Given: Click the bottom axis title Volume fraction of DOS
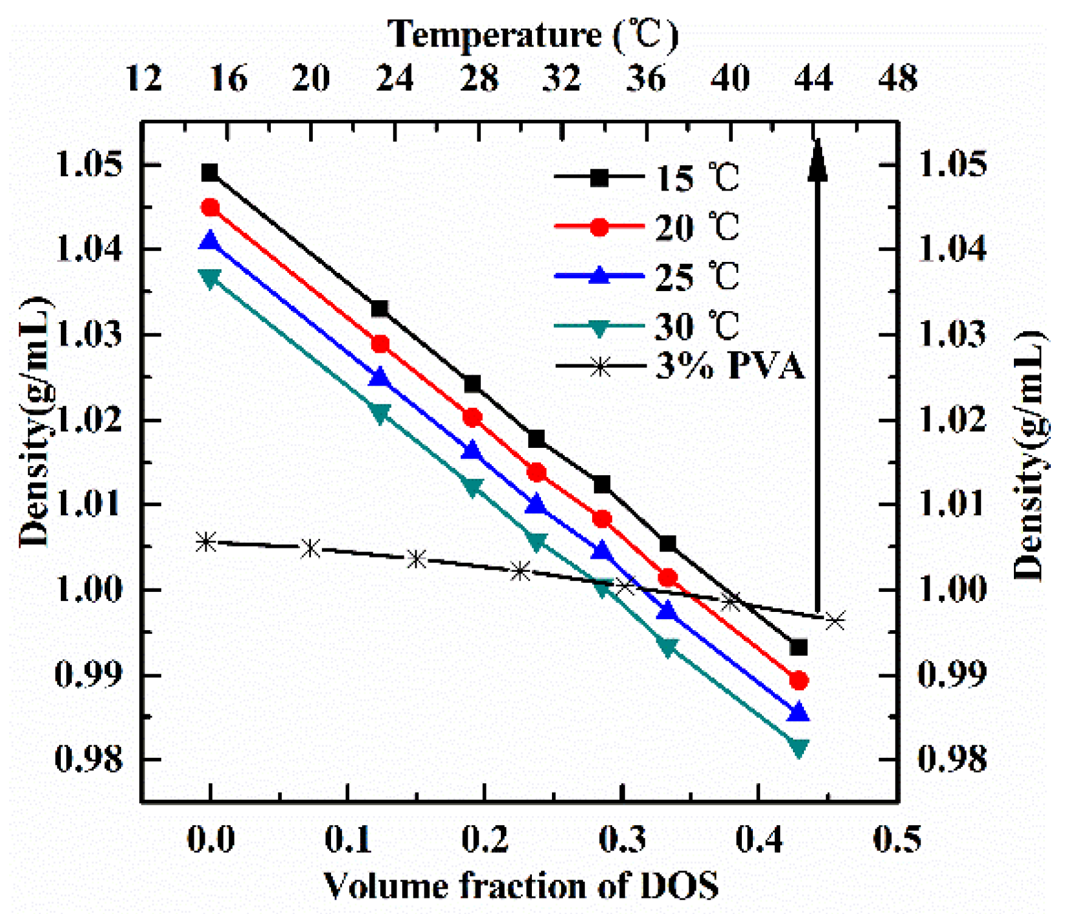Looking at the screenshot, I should tap(522, 885).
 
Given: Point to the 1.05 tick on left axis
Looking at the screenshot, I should tap(89, 165).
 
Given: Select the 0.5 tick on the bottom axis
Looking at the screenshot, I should tap(897, 839).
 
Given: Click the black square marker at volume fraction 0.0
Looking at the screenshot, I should tap(210, 173).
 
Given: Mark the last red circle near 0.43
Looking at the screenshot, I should tap(799, 681).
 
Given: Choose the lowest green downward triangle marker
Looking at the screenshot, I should tap(799, 748).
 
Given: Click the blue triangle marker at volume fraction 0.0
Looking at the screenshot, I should tap(210, 242).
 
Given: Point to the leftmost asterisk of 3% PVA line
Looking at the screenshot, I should tap(205, 542).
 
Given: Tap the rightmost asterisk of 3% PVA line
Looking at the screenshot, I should tap(836, 621).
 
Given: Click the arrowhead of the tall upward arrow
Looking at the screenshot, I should tap(818, 159).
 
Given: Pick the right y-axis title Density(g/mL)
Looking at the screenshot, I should tap(1030, 454).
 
